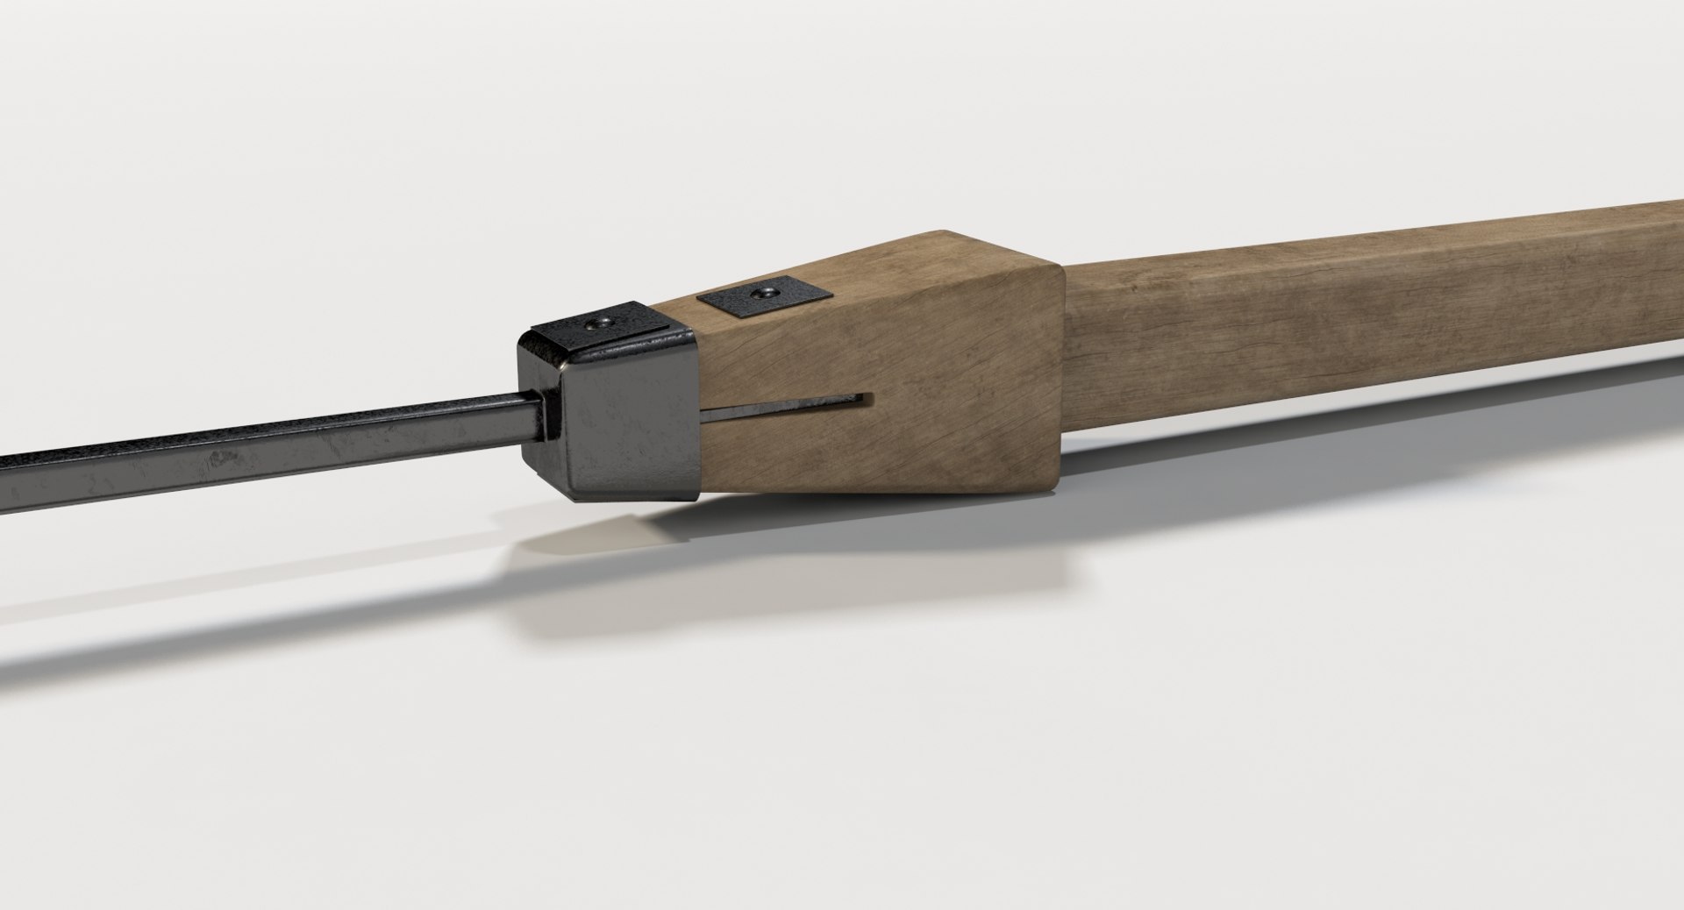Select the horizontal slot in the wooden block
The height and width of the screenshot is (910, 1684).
789,405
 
